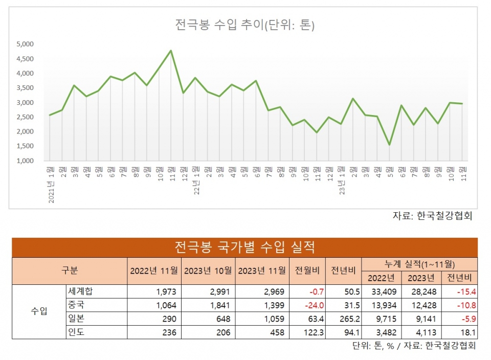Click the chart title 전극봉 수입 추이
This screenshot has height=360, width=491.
[244, 25]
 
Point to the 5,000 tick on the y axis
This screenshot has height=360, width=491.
[25, 44]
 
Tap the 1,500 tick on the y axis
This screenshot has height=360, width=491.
[25, 146]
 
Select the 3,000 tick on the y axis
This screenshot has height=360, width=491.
[25, 103]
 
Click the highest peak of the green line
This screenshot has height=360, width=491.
[171, 51]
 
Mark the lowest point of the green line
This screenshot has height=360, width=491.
[390, 145]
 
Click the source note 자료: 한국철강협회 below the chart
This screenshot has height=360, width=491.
[432, 216]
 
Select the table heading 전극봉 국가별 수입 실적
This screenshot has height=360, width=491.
[244, 247]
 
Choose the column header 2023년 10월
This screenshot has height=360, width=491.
[208, 271]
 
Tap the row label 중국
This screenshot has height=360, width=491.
[76, 305]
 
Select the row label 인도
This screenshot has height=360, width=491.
[76, 332]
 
